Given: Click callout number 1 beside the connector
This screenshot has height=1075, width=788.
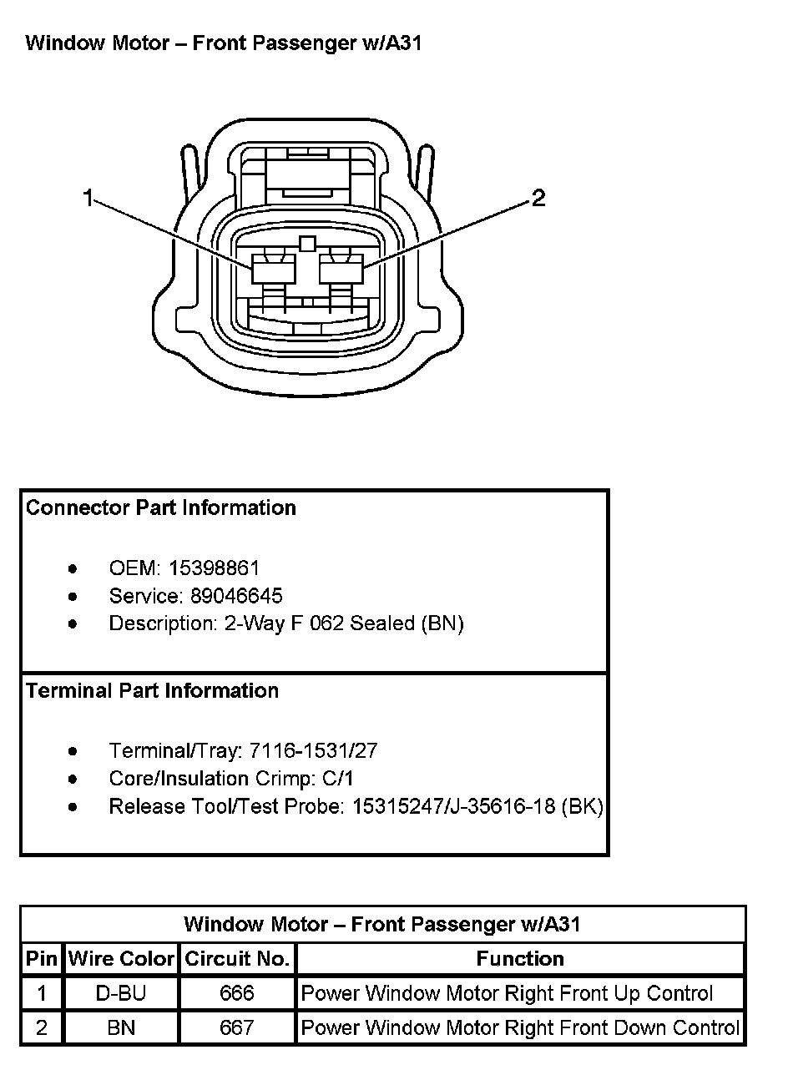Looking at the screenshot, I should [88, 198].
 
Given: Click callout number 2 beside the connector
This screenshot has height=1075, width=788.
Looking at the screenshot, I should [538, 198].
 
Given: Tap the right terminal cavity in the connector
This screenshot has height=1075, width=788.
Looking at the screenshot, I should [341, 270].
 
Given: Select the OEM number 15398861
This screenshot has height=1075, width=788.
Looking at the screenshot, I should [214, 568].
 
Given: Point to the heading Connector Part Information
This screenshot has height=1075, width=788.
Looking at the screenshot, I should [161, 507].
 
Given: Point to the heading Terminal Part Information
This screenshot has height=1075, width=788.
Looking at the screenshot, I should [152, 690].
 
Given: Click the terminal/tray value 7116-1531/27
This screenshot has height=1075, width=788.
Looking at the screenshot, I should [313, 751].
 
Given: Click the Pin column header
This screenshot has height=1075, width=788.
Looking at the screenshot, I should [42, 959].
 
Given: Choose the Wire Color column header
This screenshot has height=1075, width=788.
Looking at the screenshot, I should [122, 959].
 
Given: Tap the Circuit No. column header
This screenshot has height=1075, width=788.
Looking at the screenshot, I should [237, 959].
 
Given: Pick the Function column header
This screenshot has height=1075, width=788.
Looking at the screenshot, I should [520, 959].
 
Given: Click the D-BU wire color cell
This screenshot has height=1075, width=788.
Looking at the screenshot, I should [122, 993].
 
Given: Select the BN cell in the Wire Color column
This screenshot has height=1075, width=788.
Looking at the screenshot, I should [122, 1027].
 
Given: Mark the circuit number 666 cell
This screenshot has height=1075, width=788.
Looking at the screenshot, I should [237, 993].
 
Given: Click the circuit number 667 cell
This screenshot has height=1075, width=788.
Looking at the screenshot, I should [237, 1027].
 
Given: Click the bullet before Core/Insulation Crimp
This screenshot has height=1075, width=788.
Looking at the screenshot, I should [73, 780].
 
